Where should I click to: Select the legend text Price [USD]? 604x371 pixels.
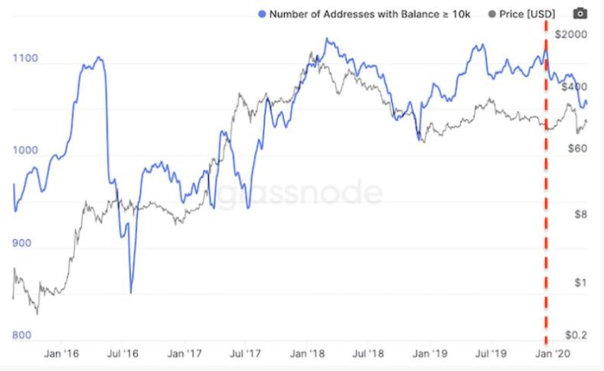click(530, 14)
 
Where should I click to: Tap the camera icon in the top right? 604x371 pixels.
click(581, 13)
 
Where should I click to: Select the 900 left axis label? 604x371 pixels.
click(23, 244)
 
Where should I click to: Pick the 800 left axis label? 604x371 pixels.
click(23, 336)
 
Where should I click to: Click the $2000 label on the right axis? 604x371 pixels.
click(572, 35)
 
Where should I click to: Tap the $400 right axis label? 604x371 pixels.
click(573, 87)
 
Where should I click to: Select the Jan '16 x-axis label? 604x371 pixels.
click(63, 354)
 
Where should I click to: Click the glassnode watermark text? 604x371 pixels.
click(302, 193)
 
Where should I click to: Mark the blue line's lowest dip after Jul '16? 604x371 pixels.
click(131, 292)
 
